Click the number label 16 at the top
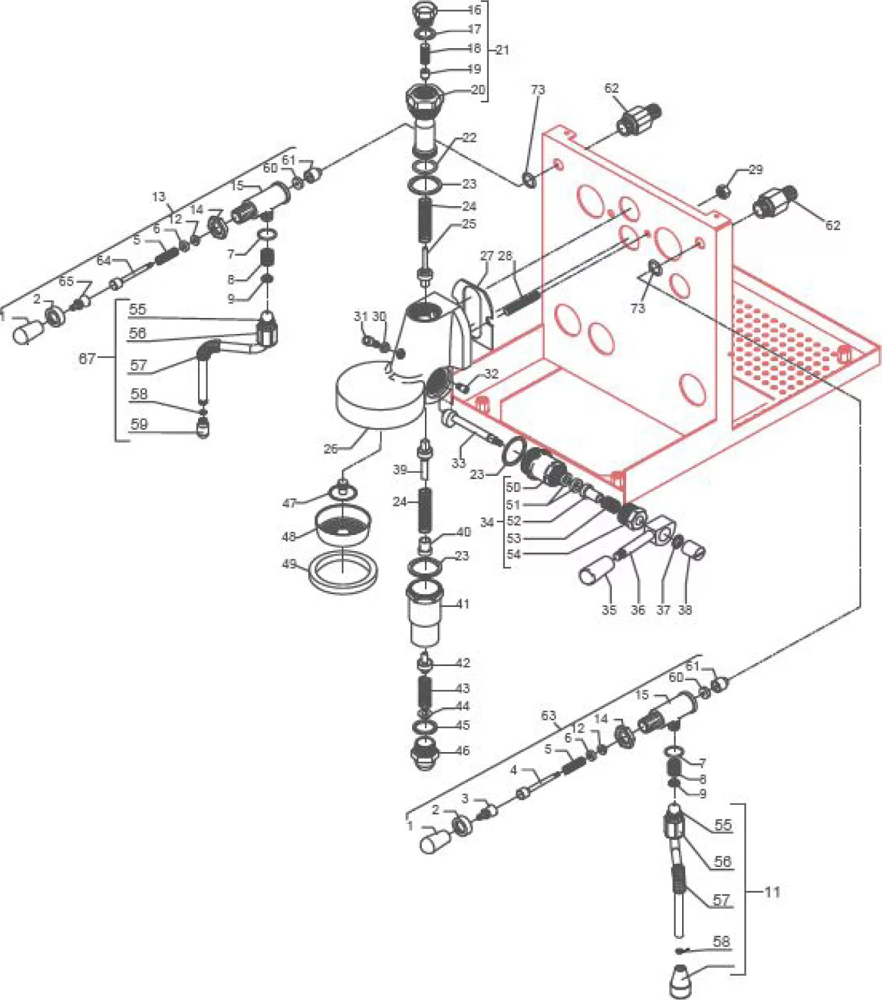tap(474, 10)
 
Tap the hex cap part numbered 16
tap(424, 12)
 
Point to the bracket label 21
tap(502, 49)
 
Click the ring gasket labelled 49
tap(343, 572)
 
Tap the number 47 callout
tap(289, 503)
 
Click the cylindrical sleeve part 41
tap(425, 613)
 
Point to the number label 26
tap(330, 448)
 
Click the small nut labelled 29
tap(723, 191)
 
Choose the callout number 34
tap(487, 522)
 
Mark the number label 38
tap(685, 610)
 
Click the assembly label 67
tap(87, 358)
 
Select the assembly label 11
tap(772, 891)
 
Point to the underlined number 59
tap(139, 424)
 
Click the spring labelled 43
tap(425, 692)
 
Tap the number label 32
tap(491, 374)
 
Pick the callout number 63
tap(548, 715)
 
